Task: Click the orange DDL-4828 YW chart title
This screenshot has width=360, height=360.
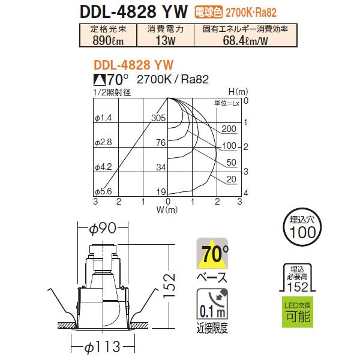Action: [134, 64]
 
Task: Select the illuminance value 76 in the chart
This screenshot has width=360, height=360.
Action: [160, 142]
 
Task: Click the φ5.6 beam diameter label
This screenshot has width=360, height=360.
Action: [103, 191]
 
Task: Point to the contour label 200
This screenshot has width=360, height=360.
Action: [228, 129]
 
